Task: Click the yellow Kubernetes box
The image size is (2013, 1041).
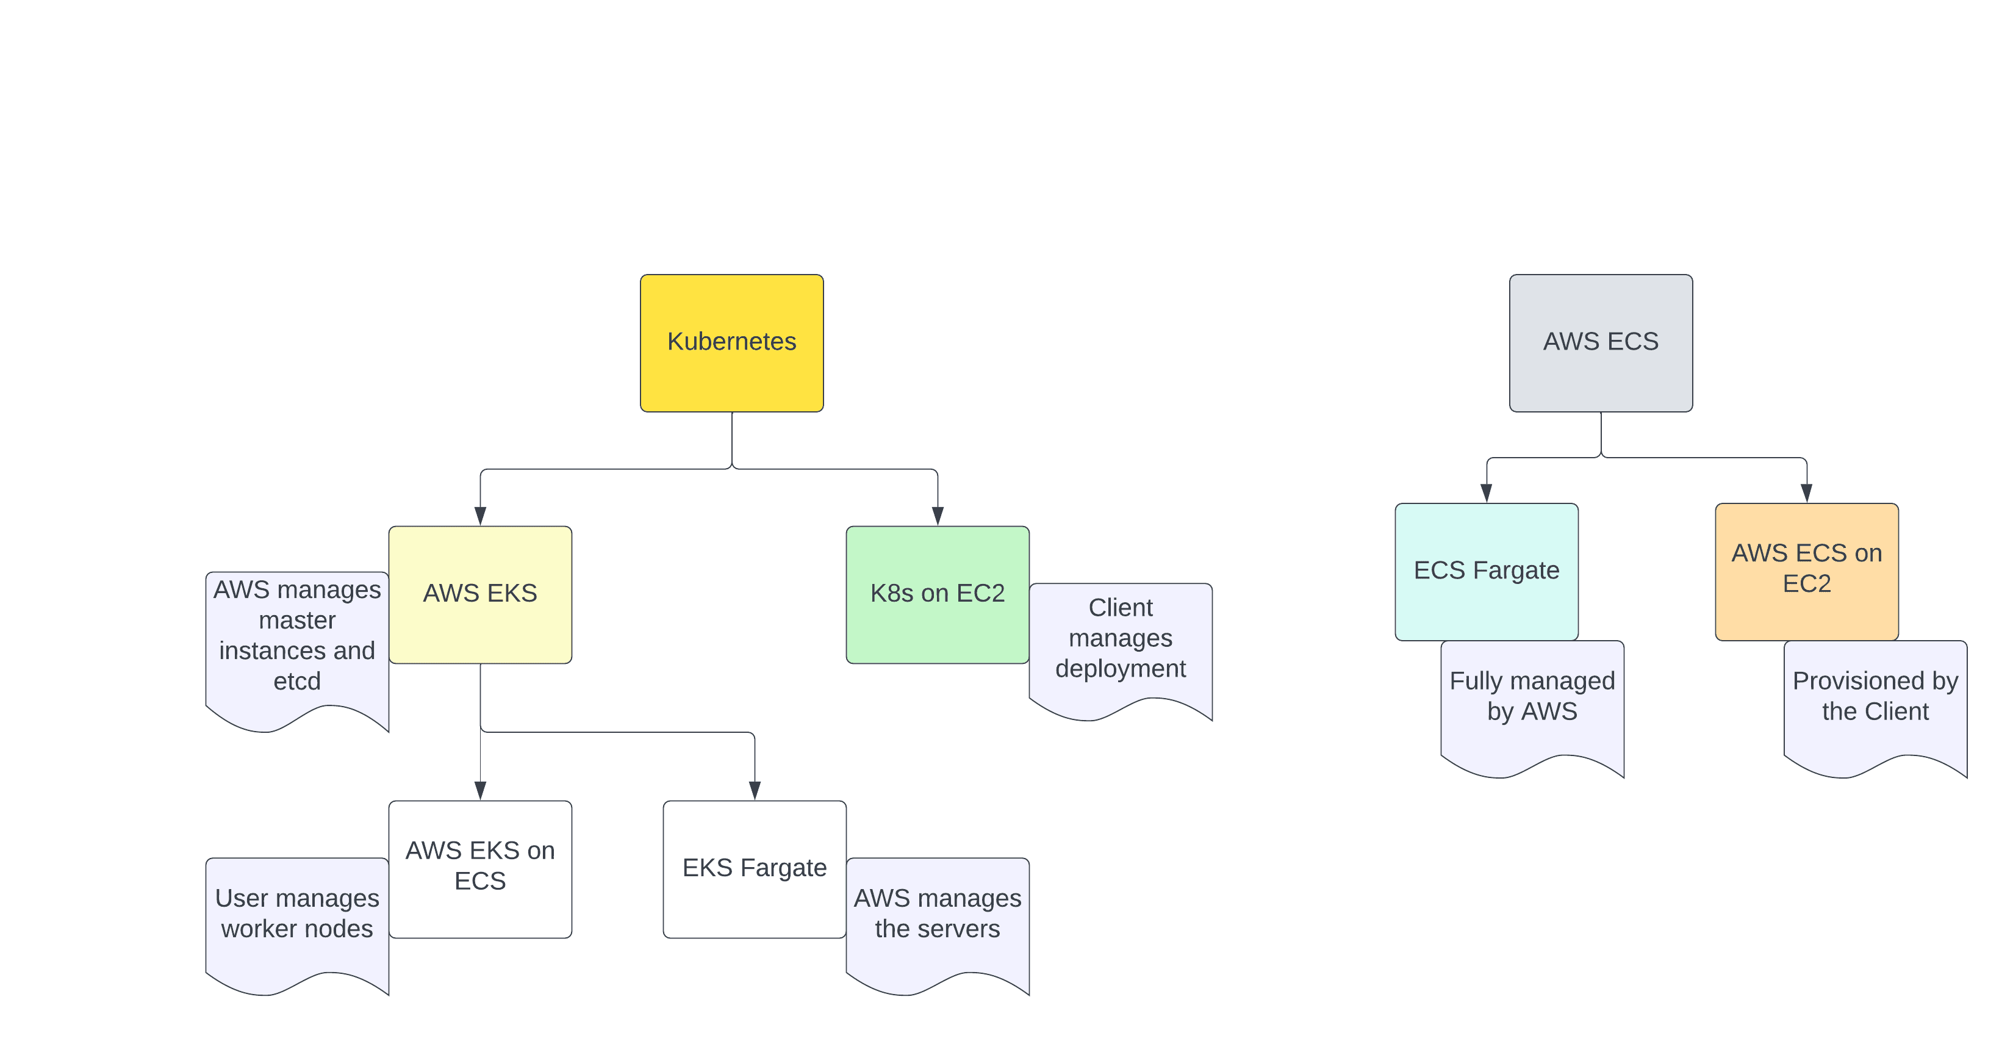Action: (x=731, y=342)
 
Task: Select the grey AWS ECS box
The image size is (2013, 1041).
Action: (x=1601, y=342)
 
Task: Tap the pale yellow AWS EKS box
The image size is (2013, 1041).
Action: (x=480, y=594)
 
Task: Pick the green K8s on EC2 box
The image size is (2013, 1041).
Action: (x=937, y=594)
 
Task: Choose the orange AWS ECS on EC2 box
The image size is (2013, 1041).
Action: (x=1806, y=571)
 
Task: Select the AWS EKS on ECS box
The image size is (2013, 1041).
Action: (x=480, y=868)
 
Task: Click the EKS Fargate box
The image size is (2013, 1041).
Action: (x=754, y=868)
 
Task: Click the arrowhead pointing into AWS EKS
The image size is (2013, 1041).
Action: (x=480, y=516)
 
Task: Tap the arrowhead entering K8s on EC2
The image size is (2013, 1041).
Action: (x=937, y=516)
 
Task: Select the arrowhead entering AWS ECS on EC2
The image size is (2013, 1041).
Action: (x=1806, y=493)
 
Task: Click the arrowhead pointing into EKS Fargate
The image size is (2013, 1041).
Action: (x=754, y=790)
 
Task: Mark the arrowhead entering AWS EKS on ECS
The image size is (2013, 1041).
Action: (x=480, y=790)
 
